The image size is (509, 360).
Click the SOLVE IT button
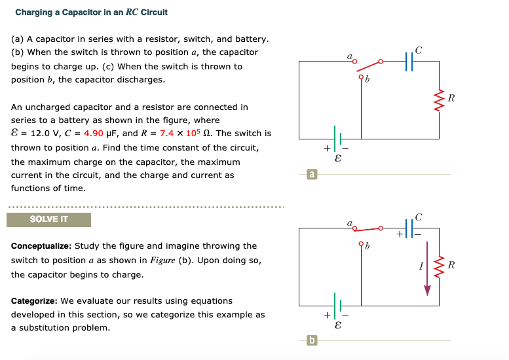tap(48, 219)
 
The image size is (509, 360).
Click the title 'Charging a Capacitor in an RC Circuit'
tap(91, 12)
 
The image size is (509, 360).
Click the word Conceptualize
tap(41, 246)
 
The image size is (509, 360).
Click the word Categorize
tap(34, 301)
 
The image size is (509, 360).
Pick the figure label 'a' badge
tap(312, 174)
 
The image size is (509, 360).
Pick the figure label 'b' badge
tap(312, 340)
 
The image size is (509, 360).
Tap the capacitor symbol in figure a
tap(410, 61)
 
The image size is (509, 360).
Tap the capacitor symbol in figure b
tap(410, 229)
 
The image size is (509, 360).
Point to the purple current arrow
tap(427, 268)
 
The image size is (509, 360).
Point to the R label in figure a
tap(451, 99)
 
